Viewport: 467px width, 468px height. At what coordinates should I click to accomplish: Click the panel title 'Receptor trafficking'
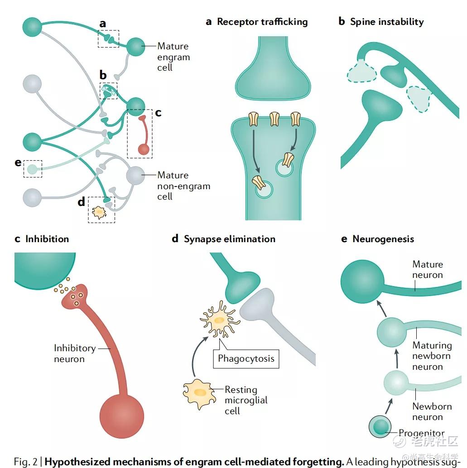click(x=262, y=22)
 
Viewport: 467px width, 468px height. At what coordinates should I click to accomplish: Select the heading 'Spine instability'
click(x=386, y=22)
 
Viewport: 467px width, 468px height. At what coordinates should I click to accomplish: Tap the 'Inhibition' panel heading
click(x=47, y=239)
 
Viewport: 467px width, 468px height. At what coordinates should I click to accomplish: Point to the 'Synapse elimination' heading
click(x=229, y=239)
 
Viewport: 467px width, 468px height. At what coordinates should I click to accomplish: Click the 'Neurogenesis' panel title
click(x=383, y=239)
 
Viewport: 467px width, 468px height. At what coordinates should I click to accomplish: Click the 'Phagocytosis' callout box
click(x=246, y=358)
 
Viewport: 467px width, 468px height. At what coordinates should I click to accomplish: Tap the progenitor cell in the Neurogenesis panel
click(x=380, y=427)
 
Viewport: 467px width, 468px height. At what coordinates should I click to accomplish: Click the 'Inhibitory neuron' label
click(x=75, y=353)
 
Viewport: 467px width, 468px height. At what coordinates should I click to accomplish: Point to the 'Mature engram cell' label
click(x=173, y=57)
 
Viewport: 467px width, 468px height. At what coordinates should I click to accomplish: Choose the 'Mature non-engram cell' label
click(x=183, y=186)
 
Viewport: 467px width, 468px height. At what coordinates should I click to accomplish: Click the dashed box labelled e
click(x=33, y=169)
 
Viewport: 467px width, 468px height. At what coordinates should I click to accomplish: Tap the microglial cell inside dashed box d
click(x=98, y=212)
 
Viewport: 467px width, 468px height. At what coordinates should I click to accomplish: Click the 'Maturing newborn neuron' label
click(x=432, y=356)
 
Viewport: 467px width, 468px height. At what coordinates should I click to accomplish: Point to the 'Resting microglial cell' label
click(x=246, y=400)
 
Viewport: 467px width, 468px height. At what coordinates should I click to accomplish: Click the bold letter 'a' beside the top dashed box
click(x=103, y=24)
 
